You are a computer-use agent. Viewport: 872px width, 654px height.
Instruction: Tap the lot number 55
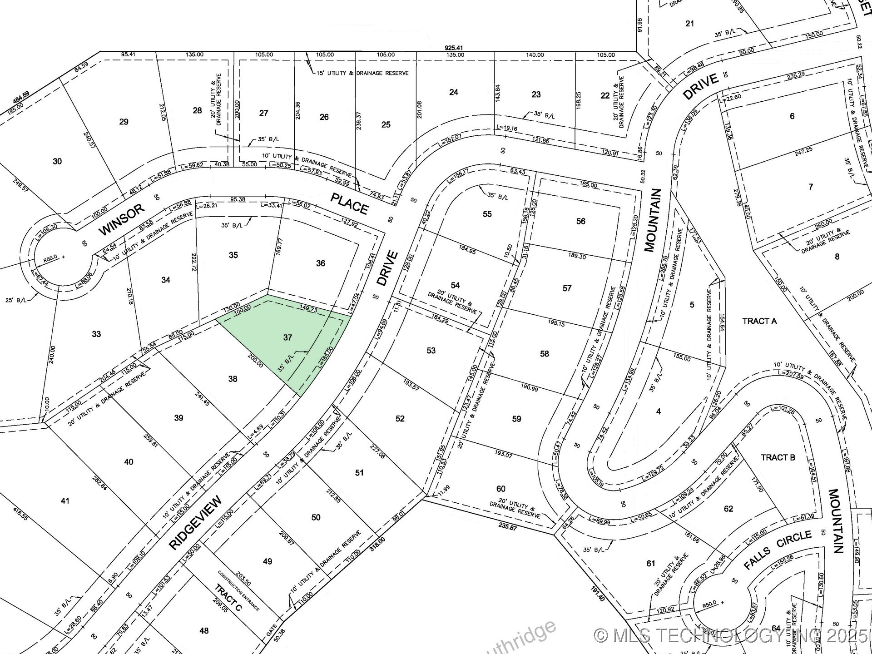[x=487, y=214]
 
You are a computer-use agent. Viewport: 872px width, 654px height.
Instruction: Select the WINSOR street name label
[x=121, y=220]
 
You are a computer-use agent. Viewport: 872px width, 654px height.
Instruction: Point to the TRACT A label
[x=759, y=321]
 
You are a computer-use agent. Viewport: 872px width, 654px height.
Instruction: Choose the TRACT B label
[x=778, y=457]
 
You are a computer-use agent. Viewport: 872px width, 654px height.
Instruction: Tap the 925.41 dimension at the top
[x=454, y=48]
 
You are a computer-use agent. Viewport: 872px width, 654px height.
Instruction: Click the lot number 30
[x=57, y=161]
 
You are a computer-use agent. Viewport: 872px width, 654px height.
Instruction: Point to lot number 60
[x=500, y=489]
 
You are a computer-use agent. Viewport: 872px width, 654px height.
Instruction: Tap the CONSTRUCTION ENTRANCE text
[x=238, y=590]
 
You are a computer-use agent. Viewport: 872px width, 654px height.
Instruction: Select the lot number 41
[x=65, y=500]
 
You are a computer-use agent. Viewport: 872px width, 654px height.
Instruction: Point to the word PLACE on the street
[x=349, y=203]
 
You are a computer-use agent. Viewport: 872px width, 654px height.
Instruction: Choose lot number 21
[x=689, y=23]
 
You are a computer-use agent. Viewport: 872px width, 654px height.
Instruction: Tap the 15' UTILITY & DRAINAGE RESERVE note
[x=362, y=73]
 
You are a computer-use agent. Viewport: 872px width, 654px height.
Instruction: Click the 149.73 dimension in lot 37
[x=309, y=309]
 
